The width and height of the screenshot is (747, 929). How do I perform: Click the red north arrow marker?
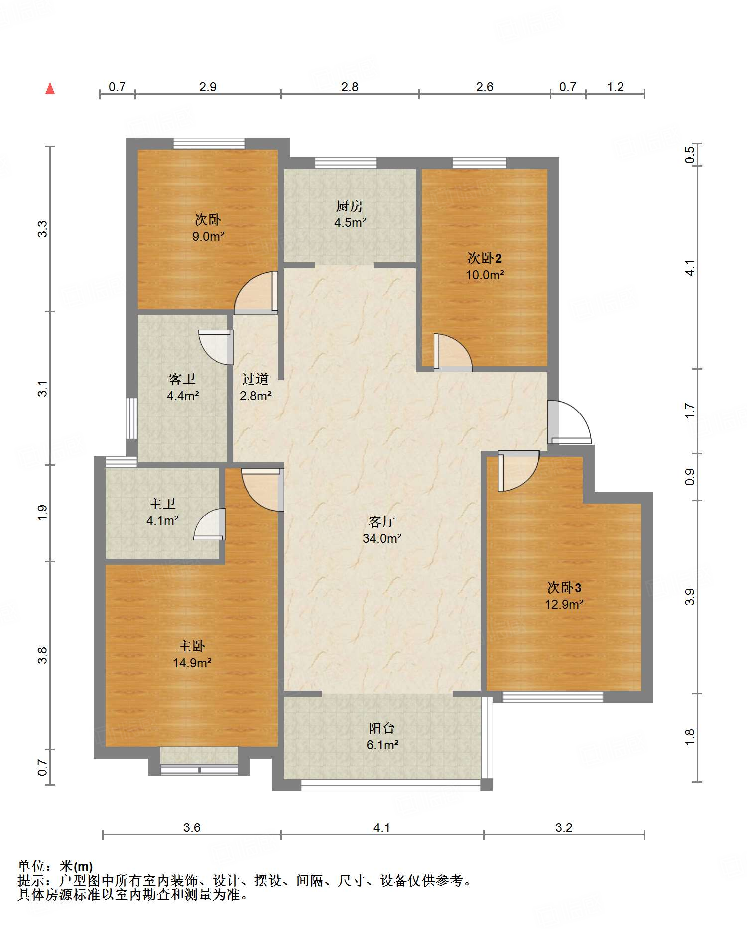point(50,88)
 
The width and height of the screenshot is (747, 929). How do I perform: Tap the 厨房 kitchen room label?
point(350,206)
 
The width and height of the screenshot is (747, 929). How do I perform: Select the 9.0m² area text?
point(208,236)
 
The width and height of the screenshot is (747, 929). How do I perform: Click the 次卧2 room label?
point(485,258)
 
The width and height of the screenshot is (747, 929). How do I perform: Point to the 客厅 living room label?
point(382,521)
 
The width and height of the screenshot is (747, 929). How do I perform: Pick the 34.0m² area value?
point(382,538)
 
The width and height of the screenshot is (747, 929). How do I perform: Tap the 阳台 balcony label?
point(382,728)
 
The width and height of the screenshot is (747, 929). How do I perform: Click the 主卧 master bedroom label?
point(192,646)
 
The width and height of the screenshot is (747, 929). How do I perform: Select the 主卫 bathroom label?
point(162,504)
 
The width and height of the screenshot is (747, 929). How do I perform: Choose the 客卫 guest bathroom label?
point(182,379)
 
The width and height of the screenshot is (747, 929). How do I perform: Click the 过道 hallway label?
point(255,379)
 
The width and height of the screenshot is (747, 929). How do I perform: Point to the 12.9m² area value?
point(564,604)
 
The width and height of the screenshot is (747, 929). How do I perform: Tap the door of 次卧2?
point(452,352)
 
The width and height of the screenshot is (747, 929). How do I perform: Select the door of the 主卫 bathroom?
point(210,524)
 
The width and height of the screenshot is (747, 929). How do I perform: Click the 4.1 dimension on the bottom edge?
point(382,827)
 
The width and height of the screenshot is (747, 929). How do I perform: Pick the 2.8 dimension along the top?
point(350,87)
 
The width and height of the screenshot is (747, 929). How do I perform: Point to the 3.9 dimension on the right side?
point(690,597)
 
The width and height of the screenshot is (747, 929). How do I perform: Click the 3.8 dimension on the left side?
point(43,655)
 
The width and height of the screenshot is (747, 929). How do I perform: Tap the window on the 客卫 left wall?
point(131,418)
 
